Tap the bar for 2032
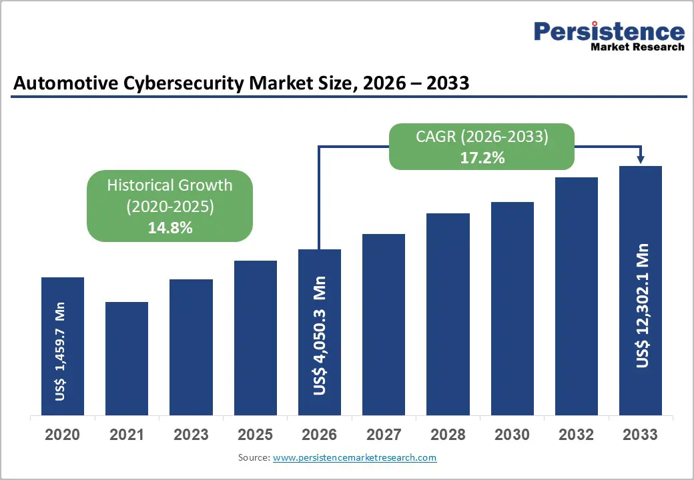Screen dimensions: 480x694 click(576, 297)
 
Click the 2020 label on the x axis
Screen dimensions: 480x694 click(62, 435)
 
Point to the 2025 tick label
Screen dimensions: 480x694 click(255, 435)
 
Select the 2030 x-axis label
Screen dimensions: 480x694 click(512, 435)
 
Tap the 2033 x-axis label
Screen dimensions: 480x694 click(640, 435)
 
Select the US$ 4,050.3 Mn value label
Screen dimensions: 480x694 click(320, 335)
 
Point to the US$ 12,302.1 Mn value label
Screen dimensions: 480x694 click(642, 305)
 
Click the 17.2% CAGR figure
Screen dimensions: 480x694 click(482, 159)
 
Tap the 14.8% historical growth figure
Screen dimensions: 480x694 click(169, 227)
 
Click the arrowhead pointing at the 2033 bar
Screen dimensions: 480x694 click(641, 159)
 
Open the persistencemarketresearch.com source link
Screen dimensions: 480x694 click(355, 457)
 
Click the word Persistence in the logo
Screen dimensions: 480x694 click(609, 31)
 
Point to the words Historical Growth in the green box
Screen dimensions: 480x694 click(169, 185)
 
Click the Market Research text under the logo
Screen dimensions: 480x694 click(637, 47)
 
